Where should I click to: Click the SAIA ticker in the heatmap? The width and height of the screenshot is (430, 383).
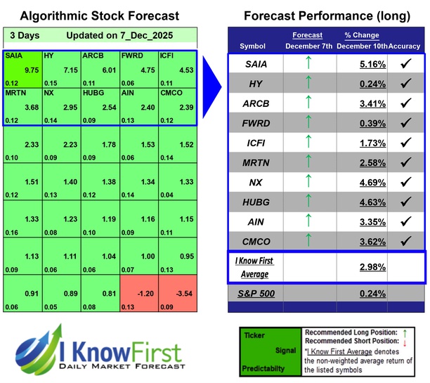(x=14, y=54)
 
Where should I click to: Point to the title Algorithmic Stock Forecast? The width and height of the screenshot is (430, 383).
(x=99, y=15)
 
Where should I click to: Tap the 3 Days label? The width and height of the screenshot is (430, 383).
(x=25, y=34)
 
